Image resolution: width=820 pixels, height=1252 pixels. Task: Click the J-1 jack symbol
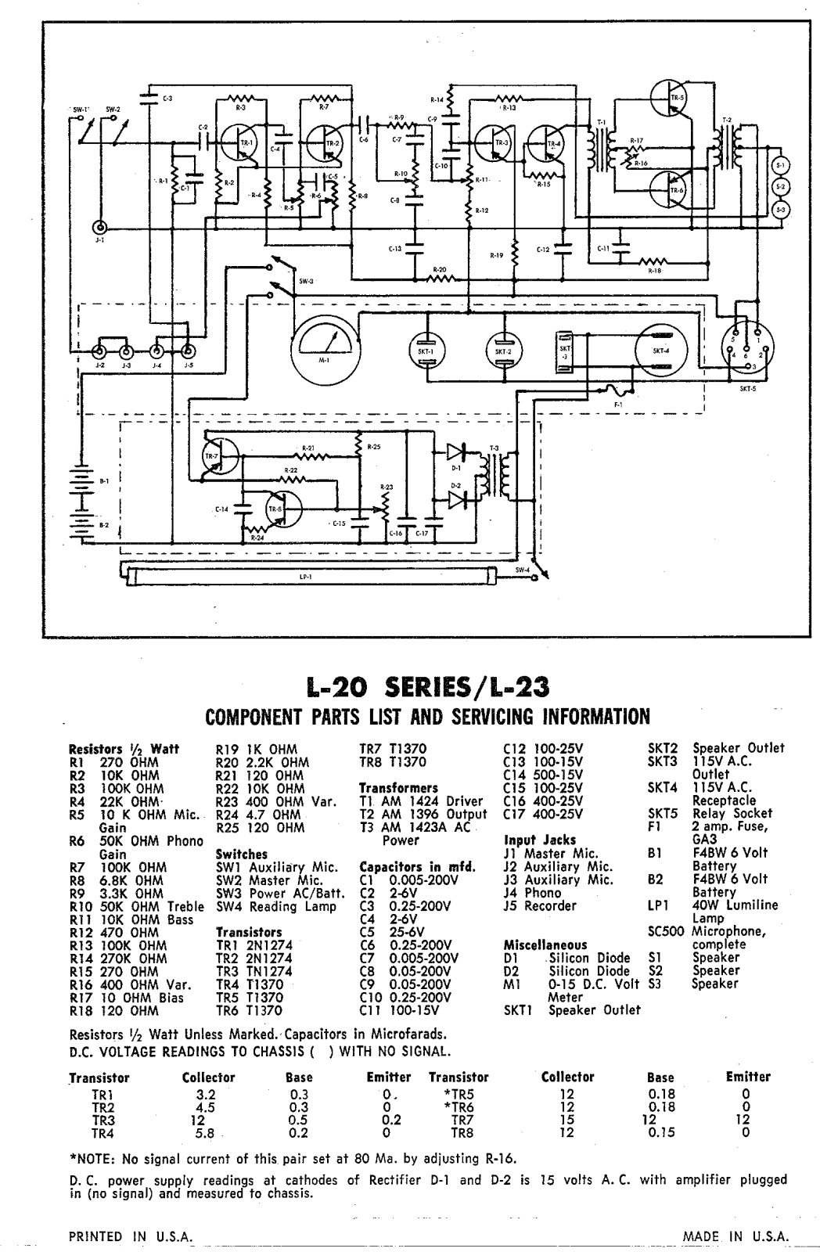point(100,228)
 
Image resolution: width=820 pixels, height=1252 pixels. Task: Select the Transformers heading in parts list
point(398,788)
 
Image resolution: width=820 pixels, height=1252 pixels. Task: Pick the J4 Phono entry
point(533,893)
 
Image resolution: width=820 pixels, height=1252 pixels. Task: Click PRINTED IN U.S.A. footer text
point(131,1236)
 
